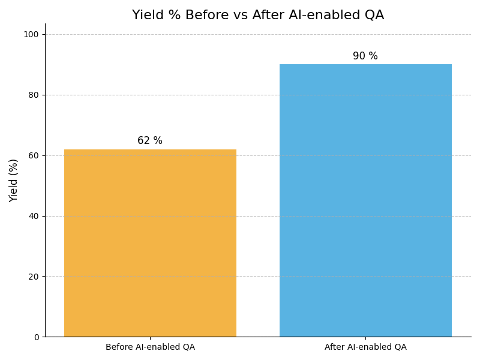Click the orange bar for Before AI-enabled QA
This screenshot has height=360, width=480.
pos(150,243)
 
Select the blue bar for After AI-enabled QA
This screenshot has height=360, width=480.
pos(365,200)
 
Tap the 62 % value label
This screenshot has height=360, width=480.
pos(150,141)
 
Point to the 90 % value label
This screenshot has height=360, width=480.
pos(365,56)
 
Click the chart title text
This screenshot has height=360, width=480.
pos(258,16)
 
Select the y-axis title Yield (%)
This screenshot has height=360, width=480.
pos(14,180)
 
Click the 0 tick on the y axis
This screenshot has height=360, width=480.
pos(36,337)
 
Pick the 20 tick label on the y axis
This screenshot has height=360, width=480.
pos(34,277)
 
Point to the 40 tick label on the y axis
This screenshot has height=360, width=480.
pos(34,216)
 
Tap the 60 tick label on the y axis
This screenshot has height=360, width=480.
pos(34,155)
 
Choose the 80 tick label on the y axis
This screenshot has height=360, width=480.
pos(34,95)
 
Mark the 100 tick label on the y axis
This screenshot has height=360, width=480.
pos(31,34)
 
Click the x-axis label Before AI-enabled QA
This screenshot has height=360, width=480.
pos(150,347)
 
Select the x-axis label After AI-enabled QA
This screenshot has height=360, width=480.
pos(365,347)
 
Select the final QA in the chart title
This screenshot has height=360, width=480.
pos(374,16)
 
